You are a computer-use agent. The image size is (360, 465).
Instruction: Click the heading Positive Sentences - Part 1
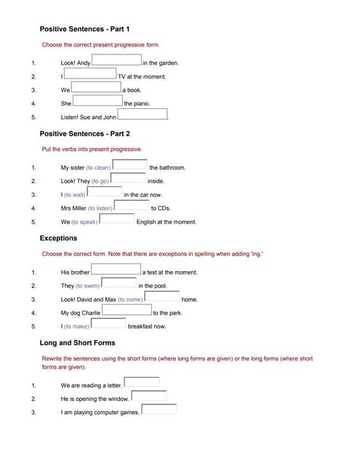[x=84, y=29]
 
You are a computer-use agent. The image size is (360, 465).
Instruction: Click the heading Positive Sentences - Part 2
[x=84, y=134]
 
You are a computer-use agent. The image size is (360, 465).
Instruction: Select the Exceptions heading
[x=58, y=238]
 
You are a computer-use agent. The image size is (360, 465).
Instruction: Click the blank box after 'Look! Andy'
[x=116, y=61]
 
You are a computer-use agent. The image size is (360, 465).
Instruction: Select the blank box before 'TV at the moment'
[x=90, y=74]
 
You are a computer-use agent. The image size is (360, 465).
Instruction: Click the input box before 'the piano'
[x=97, y=102]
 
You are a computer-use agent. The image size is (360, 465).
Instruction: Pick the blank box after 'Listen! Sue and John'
[x=143, y=115]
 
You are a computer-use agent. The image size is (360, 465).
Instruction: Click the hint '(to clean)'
[x=98, y=168]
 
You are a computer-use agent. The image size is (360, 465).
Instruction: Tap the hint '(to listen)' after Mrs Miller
[x=100, y=209]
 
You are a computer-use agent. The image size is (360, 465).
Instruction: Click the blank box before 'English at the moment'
[x=117, y=219]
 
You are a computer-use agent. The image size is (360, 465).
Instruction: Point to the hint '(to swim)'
[x=87, y=286]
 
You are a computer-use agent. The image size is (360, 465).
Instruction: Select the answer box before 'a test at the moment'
[x=116, y=270]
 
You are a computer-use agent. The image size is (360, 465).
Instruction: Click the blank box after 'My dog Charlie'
[x=127, y=311]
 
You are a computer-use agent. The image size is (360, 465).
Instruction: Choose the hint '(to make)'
[x=76, y=327]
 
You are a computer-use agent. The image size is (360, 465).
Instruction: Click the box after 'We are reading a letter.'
[x=142, y=383]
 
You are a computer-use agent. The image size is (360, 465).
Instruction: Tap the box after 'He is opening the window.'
[x=149, y=397]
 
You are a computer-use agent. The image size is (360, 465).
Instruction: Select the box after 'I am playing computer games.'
[x=159, y=410]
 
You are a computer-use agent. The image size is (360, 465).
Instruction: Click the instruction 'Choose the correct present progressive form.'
[x=100, y=45]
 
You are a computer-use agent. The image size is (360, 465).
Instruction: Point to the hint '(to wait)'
[x=75, y=195]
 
